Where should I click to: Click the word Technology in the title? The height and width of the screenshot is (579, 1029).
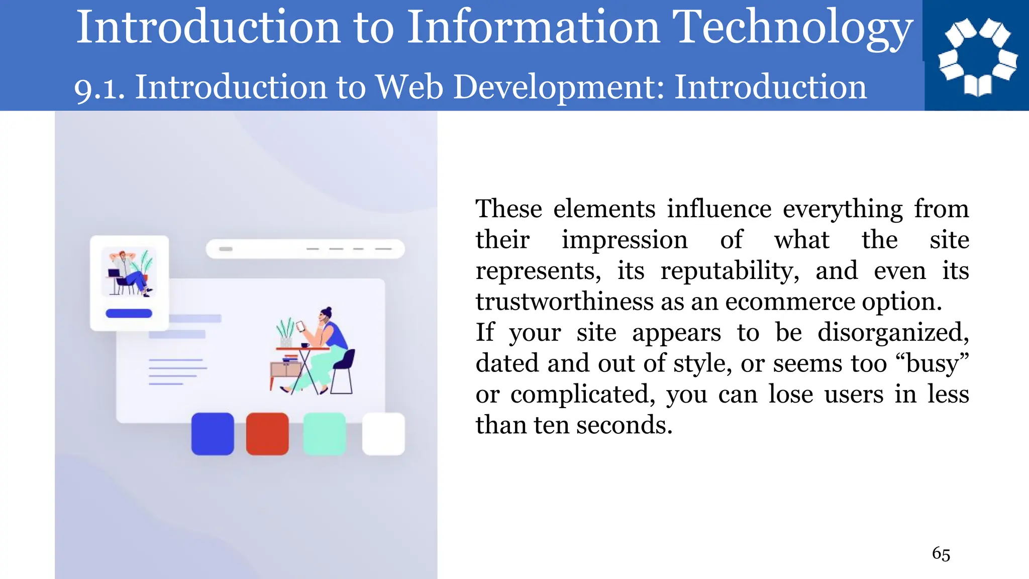coord(792,28)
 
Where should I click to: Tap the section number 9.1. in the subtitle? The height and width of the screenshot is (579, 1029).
coord(99,87)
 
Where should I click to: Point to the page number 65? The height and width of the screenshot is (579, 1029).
coord(941,554)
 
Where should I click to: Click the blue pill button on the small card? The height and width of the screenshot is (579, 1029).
coord(129,314)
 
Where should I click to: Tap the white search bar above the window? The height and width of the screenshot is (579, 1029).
coord(305,249)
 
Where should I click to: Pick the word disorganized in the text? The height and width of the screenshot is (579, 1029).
coord(893,333)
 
